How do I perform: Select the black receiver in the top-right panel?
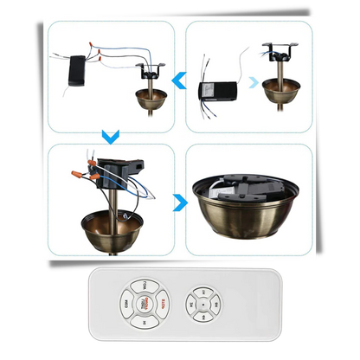pyautogui.click(x=217, y=90)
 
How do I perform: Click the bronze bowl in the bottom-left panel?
pyautogui.click(x=113, y=230)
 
